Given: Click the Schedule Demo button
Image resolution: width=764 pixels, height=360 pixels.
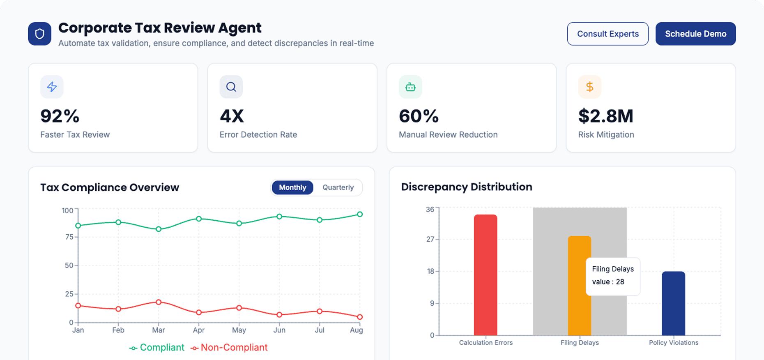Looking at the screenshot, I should (x=695, y=34).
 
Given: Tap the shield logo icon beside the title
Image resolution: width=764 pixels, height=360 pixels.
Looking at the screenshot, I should (x=39, y=34).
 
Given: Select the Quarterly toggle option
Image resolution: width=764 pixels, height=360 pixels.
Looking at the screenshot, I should (x=338, y=187).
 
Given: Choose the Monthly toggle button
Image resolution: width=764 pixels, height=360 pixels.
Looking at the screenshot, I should (x=292, y=187).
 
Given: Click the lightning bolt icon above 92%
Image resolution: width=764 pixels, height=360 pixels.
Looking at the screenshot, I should (x=52, y=87).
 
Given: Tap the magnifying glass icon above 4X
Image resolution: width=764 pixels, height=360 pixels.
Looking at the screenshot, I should (x=231, y=87).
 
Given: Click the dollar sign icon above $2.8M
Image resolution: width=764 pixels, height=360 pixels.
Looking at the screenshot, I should (x=589, y=87).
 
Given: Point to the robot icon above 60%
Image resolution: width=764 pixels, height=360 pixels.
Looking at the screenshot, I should (x=410, y=87).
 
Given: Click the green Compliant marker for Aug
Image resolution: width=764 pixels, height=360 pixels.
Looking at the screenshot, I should (x=360, y=214).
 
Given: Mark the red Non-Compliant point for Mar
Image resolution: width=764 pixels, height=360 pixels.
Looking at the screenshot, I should (x=159, y=302).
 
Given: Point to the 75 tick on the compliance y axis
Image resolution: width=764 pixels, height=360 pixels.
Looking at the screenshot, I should (x=69, y=237).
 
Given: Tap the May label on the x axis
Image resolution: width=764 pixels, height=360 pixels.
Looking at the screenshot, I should (x=239, y=330).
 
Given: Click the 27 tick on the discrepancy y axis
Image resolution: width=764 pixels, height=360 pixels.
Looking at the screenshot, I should (x=430, y=239).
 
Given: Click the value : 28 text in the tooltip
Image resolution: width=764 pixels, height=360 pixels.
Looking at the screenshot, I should (x=608, y=282).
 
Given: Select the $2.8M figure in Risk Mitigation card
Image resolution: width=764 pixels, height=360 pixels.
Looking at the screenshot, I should (x=605, y=116).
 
